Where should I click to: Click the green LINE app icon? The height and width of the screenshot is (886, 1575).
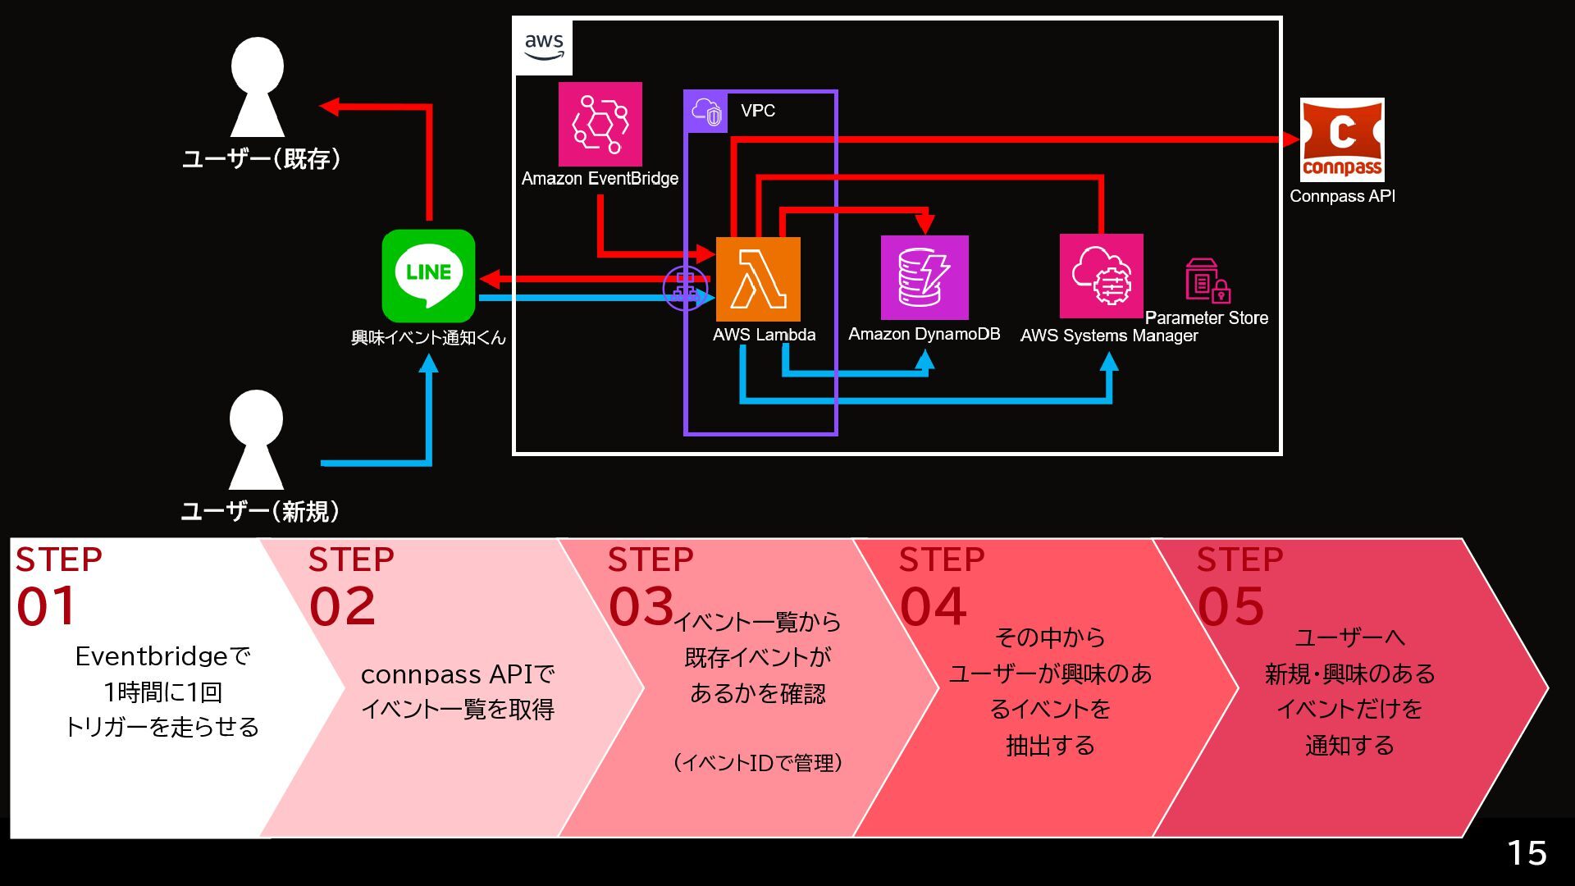pyautogui.click(x=428, y=276)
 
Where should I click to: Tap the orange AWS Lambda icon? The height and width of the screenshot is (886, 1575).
pyautogui.click(x=758, y=279)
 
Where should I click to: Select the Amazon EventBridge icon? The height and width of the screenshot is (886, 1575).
pyautogui.click(x=600, y=124)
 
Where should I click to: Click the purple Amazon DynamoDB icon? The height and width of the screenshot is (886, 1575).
pyautogui.click(x=924, y=277)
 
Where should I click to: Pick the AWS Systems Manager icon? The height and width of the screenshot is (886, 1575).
pyautogui.click(x=1101, y=276)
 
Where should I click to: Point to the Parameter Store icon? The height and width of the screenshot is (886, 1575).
pyautogui.click(x=1207, y=281)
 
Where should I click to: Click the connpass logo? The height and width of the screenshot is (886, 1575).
pyautogui.click(x=1342, y=139)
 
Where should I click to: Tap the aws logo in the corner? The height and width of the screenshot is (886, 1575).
pyautogui.click(x=544, y=47)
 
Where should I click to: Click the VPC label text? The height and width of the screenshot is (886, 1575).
pyautogui.click(x=758, y=111)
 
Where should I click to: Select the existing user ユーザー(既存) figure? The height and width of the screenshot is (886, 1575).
pyautogui.click(x=257, y=87)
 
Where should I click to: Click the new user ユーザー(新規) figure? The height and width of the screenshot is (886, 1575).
pyautogui.click(x=256, y=440)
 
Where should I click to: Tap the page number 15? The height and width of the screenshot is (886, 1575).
pyautogui.click(x=1527, y=853)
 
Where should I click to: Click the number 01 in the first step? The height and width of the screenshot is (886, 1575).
pyautogui.click(x=46, y=606)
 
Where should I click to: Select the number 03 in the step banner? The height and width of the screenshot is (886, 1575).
pyautogui.click(x=641, y=606)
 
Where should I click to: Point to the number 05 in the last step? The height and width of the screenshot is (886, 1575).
pyautogui.click(x=1230, y=606)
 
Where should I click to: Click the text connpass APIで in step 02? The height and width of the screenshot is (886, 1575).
pyautogui.click(x=458, y=674)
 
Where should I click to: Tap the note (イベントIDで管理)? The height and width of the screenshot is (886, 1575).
pyautogui.click(x=758, y=763)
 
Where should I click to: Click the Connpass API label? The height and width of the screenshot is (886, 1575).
pyautogui.click(x=1342, y=196)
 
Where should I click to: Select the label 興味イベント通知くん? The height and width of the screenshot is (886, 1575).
pyautogui.click(x=428, y=338)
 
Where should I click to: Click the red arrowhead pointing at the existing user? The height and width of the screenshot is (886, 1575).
pyautogui.click(x=329, y=106)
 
